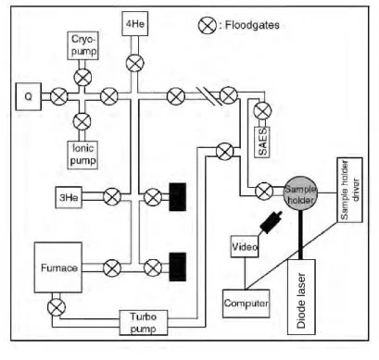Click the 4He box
tap(135, 24)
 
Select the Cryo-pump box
tap(83, 45)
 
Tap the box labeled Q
tap(29, 96)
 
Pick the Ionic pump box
tap(82, 155)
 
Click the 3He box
tap(69, 197)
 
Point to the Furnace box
tap(58, 267)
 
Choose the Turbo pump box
tap(144, 323)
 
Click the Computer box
tap(246, 304)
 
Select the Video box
tap(245, 246)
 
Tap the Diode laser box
tap(301, 297)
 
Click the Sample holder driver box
tap(350, 190)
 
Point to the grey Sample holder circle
tap(300, 193)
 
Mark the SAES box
tap(262, 143)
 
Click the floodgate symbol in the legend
tap(208, 25)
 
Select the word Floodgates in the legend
tap(252, 25)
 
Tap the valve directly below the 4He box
tap(135, 63)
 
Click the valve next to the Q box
tap(59, 96)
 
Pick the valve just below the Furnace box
tap(57, 307)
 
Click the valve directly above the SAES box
tap(262, 110)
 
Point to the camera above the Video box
tap(271, 223)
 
